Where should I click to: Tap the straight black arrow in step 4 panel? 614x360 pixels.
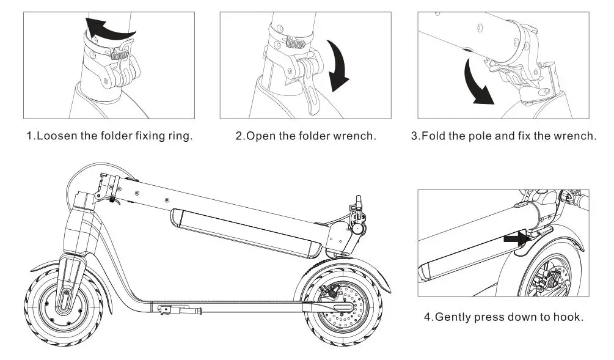pyautogui.click(x=515, y=240)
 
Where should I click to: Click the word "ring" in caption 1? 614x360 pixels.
pyautogui.click(x=180, y=136)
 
